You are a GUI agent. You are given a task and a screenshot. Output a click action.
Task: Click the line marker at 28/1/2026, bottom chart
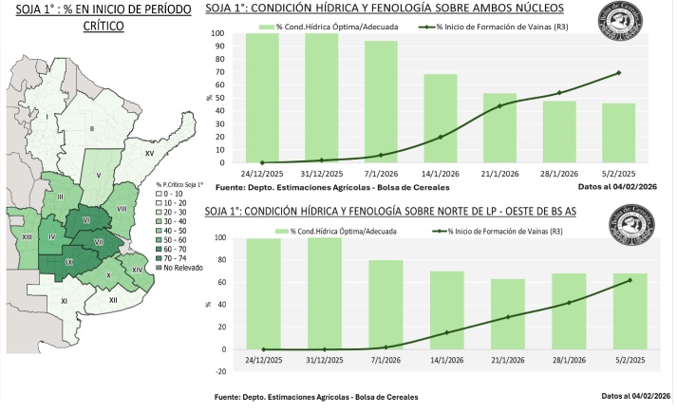[x=570, y=303]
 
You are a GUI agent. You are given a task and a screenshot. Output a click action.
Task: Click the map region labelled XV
[x=149, y=152]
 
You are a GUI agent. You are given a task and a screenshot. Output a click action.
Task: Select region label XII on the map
[x=113, y=300]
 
